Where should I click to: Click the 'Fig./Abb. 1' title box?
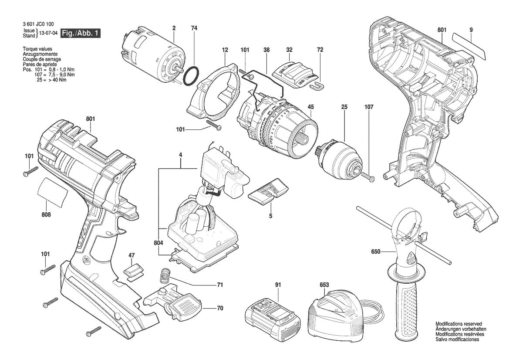pyautogui.click(x=81, y=33)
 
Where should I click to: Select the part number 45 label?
pyautogui.click(x=310, y=107)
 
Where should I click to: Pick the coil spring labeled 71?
pyautogui.click(x=165, y=276)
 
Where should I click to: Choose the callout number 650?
pyautogui.click(x=376, y=251)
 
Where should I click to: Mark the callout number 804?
pyautogui.click(x=159, y=243)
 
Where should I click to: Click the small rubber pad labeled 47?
pyautogui.click(x=133, y=272)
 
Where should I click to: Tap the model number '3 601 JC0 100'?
pyautogui.click(x=39, y=24)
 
